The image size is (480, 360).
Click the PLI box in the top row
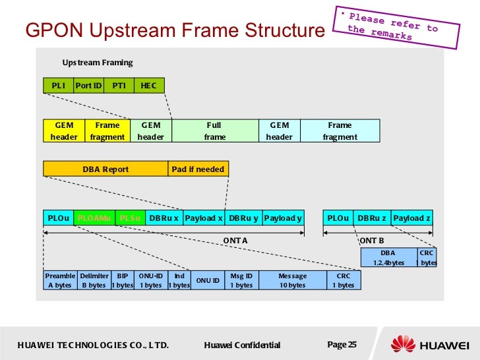[x=59, y=85]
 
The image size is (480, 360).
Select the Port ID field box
[x=88, y=85]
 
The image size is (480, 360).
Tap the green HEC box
[x=149, y=85]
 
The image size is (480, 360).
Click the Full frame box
[x=214, y=131]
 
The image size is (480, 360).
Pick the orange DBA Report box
[x=105, y=169]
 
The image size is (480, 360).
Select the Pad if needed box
[x=198, y=169]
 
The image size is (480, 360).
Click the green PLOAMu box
[x=94, y=218]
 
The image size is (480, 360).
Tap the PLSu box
[x=130, y=218]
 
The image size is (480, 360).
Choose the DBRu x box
[x=164, y=218]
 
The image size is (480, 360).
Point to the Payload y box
[x=283, y=218]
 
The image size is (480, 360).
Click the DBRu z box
[x=373, y=218]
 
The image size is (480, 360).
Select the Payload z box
[x=411, y=218]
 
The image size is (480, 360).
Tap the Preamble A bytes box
[x=60, y=280]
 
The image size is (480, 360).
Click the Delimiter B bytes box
[x=94, y=280]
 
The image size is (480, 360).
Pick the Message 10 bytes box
[x=292, y=280]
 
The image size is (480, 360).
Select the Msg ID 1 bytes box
[x=241, y=280]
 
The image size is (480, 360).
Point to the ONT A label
[x=235, y=241]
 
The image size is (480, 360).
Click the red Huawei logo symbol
[x=403, y=344]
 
